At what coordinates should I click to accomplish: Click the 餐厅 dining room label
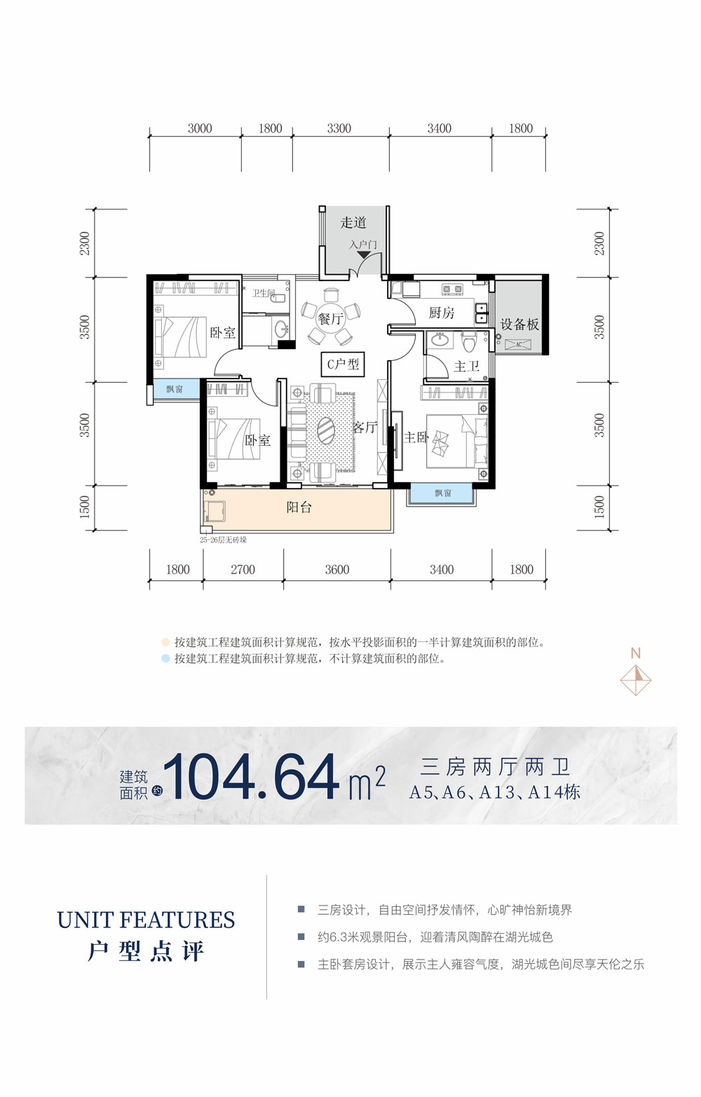[x=330, y=320]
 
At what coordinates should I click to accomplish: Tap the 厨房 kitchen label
[x=442, y=313]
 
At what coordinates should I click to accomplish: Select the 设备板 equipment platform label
[x=519, y=324]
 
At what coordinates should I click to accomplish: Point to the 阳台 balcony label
[x=299, y=507]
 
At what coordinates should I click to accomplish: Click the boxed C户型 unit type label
[x=343, y=364]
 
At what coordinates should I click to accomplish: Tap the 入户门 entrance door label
[x=363, y=245]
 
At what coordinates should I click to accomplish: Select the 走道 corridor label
[x=353, y=223]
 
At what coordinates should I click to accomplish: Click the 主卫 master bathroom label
[x=466, y=367]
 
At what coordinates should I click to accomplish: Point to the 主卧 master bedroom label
[x=416, y=437]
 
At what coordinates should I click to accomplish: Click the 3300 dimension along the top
[x=339, y=128]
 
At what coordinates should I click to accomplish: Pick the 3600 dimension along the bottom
[x=336, y=570]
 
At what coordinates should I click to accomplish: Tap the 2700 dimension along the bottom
[x=243, y=570]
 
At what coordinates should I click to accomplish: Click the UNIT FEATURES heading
[x=146, y=920]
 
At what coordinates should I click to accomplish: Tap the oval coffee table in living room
[x=326, y=430]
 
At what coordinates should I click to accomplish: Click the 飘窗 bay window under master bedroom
[x=442, y=493]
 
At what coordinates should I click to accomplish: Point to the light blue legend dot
[x=165, y=659]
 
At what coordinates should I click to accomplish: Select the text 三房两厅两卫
[x=495, y=767]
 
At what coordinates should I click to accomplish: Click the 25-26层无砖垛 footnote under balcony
[x=224, y=540]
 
